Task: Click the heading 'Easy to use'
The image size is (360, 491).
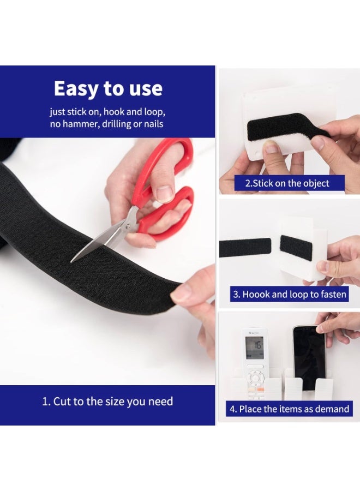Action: coord(108,88)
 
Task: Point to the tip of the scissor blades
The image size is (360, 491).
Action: coord(71,262)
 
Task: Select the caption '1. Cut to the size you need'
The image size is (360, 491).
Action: coord(107,402)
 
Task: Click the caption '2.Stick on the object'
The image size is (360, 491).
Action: coord(287,183)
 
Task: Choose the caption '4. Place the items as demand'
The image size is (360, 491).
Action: coord(289,409)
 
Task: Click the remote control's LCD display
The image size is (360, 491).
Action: coord(254,348)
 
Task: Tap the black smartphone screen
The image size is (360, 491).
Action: coord(309,357)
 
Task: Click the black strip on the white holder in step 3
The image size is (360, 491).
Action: coord(295,249)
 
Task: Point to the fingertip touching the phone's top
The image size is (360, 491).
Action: coord(320,329)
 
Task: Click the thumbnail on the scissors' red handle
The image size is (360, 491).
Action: coord(165,194)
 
